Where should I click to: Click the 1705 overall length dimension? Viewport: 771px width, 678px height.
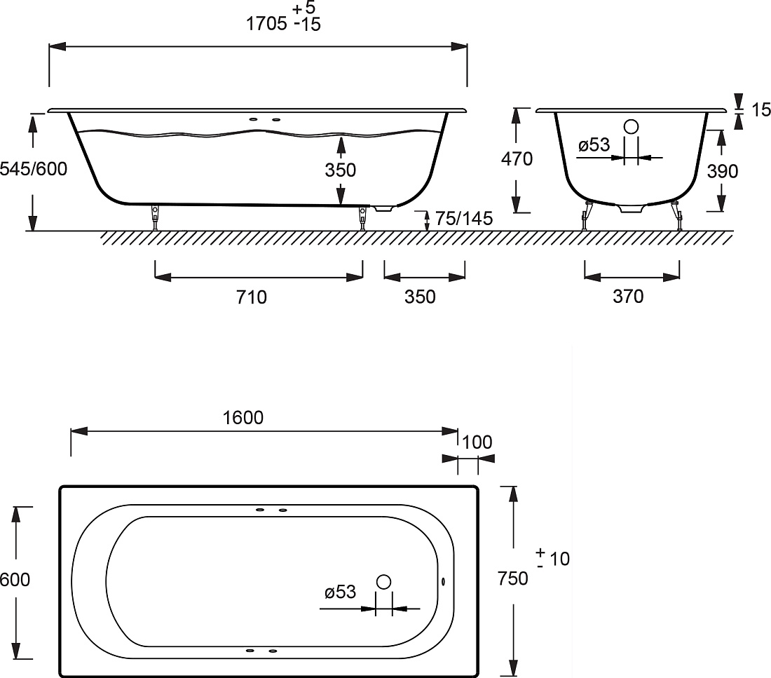tap(266, 24)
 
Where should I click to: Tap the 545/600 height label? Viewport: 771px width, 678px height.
tap(34, 169)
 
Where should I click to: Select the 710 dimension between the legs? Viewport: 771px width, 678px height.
tap(251, 297)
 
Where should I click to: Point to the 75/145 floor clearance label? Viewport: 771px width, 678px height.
tap(464, 218)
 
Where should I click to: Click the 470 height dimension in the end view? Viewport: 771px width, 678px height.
tap(517, 159)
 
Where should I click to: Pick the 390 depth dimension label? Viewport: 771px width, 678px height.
tap(723, 171)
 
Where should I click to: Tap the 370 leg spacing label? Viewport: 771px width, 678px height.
tap(628, 296)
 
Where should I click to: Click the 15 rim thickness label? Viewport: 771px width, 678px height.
tap(761, 109)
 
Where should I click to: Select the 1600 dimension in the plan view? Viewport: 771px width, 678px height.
tap(243, 418)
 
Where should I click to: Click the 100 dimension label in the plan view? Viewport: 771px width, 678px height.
tap(477, 442)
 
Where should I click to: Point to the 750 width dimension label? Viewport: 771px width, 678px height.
tap(512, 578)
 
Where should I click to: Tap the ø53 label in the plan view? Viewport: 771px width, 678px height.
tap(340, 592)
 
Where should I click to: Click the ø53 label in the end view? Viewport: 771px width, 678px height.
tap(594, 144)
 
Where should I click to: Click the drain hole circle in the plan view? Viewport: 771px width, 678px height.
tap(383, 582)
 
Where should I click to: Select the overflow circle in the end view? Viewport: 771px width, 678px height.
tap(631, 127)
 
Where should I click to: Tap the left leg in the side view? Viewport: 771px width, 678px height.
tap(156, 217)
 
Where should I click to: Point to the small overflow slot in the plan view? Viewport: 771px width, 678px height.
tap(444, 581)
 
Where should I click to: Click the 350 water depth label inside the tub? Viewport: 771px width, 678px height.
tap(340, 170)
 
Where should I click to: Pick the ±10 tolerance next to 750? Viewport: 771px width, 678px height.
tap(553, 558)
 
